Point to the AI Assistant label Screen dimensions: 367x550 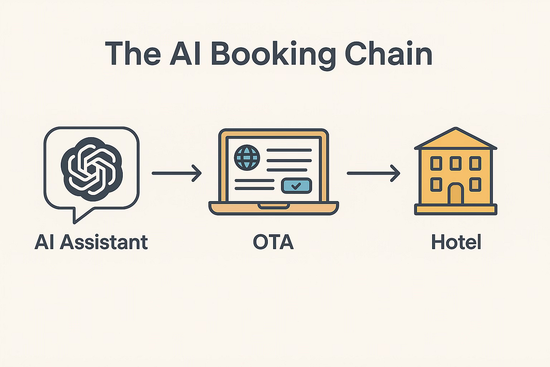click(91, 242)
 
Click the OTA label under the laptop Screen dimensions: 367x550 click(273, 242)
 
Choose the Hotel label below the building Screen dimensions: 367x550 click(456, 242)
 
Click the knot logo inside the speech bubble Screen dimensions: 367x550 click(91, 167)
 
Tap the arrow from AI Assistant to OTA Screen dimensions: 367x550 click(176, 173)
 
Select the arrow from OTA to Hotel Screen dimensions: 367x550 click(373, 173)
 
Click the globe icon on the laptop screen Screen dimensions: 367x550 click(247, 157)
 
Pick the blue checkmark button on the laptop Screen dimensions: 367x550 click(297, 186)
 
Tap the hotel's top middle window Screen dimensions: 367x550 click(455, 163)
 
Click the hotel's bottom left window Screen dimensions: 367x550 click(436, 184)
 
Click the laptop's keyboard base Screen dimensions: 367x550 click(274, 208)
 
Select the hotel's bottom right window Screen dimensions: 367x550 click(475, 184)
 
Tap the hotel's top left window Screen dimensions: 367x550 click(436, 163)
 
